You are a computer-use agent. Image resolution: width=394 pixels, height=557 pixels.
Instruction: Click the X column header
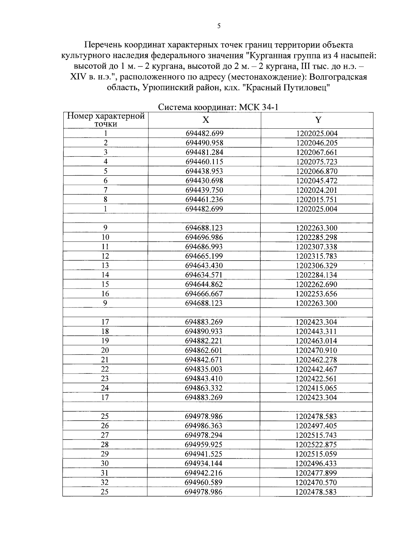click(x=205, y=120)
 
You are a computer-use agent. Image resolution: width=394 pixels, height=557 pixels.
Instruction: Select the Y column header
click(x=318, y=120)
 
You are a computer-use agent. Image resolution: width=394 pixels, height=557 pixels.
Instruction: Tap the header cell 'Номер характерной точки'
click(x=106, y=120)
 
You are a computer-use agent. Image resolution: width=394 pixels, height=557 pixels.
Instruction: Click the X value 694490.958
click(x=204, y=143)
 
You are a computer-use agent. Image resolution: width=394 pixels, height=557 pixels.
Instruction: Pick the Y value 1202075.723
click(x=317, y=162)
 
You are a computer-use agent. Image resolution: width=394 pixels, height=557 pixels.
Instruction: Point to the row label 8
click(x=105, y=200)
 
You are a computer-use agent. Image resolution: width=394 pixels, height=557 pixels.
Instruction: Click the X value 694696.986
click(x=204, y=237)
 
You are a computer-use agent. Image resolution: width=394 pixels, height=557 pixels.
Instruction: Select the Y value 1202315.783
click(x=316, y=256)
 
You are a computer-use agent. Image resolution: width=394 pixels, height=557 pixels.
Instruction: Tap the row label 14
click(x=105, y=275)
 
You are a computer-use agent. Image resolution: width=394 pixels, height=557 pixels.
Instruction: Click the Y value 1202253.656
click(x=316, y=294)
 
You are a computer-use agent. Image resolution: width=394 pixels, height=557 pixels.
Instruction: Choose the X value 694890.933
click(x=204, y=332)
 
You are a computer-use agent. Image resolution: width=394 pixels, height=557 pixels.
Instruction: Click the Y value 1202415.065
click(x=316, y=388)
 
